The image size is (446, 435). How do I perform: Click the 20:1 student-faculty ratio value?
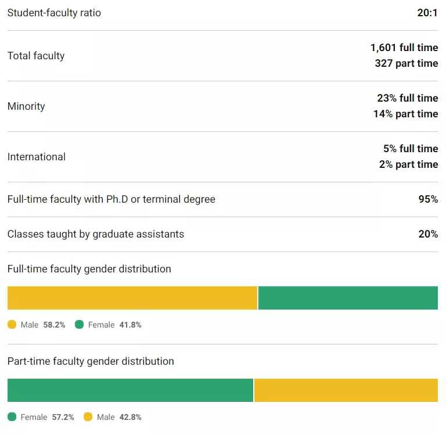(427, 13)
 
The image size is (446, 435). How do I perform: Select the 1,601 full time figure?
(404, 48)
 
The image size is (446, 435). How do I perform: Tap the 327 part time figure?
(407, 63)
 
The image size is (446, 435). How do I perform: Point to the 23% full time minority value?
(408, 98)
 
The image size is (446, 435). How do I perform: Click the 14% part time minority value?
(405, 114)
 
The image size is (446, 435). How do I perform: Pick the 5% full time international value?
(411, 149)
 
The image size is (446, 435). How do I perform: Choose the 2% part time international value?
(408, 164)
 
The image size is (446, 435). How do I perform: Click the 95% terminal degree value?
(427, 199)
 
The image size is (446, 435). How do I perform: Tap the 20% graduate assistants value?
(427, 234)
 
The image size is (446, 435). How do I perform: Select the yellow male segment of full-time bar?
(132, 298)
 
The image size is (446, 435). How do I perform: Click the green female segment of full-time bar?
(348, 298)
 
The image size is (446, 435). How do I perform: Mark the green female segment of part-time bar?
(130, 390)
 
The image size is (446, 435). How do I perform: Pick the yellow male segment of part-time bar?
(346, 390)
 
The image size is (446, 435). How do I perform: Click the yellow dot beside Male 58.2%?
(12, 325)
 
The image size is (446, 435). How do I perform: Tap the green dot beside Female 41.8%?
(80, 325)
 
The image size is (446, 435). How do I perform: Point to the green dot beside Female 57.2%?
(12, 417)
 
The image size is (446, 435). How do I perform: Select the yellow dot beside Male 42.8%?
(88, 417)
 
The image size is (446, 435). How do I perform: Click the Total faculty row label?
(36, 56)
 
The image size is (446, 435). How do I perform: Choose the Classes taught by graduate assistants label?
(96, 234)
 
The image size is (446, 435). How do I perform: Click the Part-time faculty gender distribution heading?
(91, 361)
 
